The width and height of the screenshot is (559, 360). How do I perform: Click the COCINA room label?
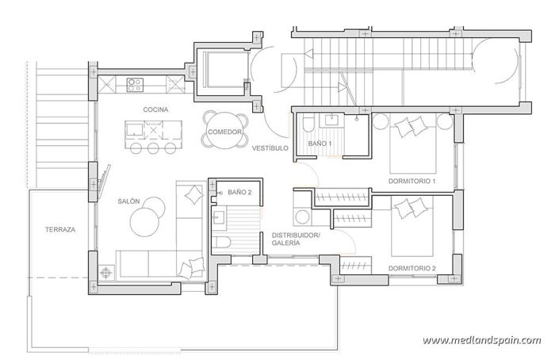pos(155,109)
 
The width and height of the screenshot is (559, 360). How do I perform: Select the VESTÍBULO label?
pos(270,148)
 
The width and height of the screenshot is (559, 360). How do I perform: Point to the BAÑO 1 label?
pos(320,144)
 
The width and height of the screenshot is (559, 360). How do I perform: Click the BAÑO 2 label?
pos(239,193)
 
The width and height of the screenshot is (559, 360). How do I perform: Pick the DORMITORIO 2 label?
pos(412,268)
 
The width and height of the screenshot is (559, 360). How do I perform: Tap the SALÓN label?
pos(128,201)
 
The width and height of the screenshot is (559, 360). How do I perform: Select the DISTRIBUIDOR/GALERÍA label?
pos(295,239)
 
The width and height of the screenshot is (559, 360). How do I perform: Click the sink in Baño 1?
pos(331,121)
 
